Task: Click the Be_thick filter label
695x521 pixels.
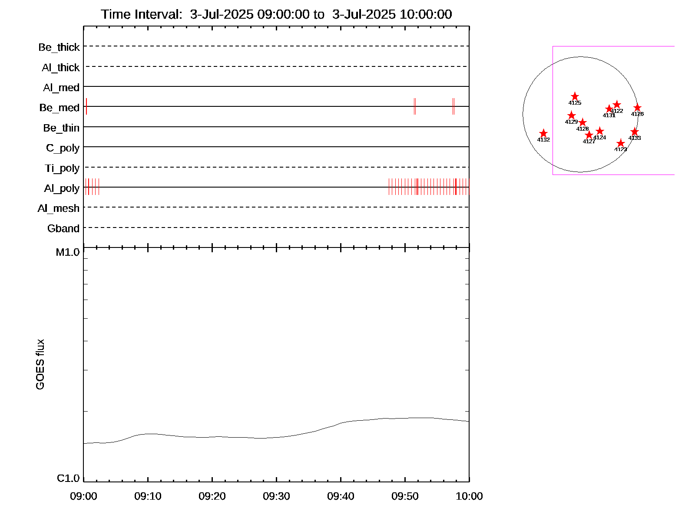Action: click(59, 47)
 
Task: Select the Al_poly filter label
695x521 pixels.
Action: click(62, 188)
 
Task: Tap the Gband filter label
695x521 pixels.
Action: click(63, 229)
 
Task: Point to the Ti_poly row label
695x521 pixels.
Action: click(62, 168)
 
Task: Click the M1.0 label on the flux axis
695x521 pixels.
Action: click(68, 252)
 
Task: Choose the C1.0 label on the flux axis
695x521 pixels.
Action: click(68, 478)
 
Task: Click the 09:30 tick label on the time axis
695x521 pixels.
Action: click(276, 496)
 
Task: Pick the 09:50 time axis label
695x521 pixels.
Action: click(405, 496)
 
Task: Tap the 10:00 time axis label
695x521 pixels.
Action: click(469, 496)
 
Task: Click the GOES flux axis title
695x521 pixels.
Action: click(40, 364)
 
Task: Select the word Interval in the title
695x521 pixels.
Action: click(158, 14)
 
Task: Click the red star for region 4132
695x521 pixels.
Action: click(543, 133)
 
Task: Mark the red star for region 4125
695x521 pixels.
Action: click(575, 96)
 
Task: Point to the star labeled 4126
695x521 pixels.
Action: click(637, 108)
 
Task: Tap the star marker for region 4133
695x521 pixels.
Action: click(635, 132)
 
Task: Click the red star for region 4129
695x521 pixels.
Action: click(572, 115)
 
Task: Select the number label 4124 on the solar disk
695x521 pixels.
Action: click(599, 138)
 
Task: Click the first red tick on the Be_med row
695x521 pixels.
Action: click(86, 106)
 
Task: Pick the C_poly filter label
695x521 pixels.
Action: click(63, 148)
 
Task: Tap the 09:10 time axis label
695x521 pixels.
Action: click(148, 496)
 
